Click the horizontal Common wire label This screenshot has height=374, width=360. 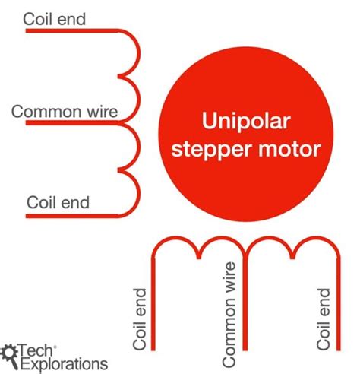coord(65,113)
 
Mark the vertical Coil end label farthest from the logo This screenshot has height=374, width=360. coord(324,319)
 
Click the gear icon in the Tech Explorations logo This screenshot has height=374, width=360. coord(10,352)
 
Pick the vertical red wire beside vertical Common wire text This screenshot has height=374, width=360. coord(246,312)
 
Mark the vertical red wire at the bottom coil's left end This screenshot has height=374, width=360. coord(154,312)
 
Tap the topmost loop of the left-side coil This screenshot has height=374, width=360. coord(131,53)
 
